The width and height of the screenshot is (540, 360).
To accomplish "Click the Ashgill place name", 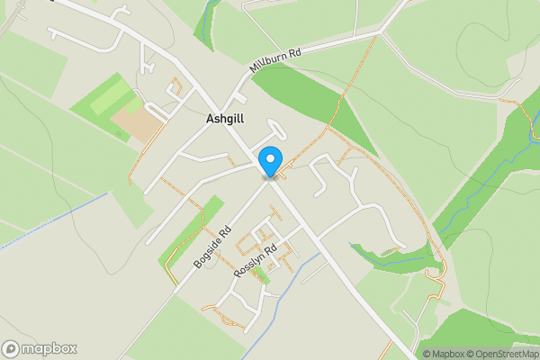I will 224,119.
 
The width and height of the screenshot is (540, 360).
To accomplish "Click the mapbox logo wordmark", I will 49,348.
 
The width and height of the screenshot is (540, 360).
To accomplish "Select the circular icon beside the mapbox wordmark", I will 12,348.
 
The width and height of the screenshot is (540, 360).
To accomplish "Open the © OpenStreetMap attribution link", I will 502,353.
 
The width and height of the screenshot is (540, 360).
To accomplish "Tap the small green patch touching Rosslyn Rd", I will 262,274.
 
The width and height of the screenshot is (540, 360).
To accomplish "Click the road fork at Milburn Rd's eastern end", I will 382,34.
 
